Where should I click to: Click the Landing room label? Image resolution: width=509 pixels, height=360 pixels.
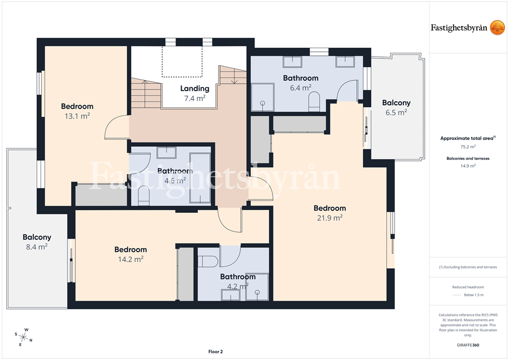[x=195, y=88]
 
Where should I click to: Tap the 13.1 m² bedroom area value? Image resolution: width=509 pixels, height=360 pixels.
[x=77, y=116]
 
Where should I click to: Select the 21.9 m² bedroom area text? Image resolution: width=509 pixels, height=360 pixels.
[x=330, y=217]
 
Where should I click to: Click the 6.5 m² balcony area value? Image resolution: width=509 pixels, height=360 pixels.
[x=396, y=112]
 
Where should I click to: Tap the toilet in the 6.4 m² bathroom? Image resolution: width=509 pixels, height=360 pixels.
[x=314, y=101]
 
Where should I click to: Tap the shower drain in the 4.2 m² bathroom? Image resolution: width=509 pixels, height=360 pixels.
[x=257, y=292]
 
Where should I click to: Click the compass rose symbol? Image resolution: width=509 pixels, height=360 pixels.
[x=24, y=337]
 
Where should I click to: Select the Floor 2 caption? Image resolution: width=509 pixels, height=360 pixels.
[x=216, y=352]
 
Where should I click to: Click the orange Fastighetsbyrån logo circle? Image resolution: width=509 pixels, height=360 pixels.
[x=497, y=28]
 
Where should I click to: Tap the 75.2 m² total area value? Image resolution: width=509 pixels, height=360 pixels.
[x=468, y=147]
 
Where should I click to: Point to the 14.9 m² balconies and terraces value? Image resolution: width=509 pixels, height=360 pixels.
[x=468, y=166]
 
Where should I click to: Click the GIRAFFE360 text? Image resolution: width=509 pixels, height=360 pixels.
[x=468, y=345]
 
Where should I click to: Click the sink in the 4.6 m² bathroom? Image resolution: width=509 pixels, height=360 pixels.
[x=167, y=152]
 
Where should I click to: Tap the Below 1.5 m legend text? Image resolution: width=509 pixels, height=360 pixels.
[x=474, y=295]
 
